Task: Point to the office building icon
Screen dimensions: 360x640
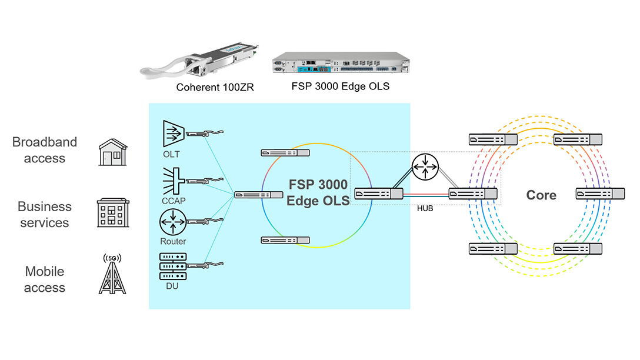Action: coord(112,214)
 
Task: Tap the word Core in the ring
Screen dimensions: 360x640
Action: coord(541,195)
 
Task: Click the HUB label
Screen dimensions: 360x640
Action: coord(425,209)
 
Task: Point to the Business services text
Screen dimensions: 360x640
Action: coord(44,215)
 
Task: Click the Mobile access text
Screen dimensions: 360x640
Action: coord(44,279)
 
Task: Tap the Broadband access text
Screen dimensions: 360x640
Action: coord(44,150)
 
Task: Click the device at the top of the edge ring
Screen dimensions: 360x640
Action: coord(285,153)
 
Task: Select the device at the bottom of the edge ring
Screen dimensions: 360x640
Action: coord(285,240)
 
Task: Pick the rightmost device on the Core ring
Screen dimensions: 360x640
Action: coord(600,194)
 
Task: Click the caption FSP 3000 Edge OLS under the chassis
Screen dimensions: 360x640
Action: coord(341,86)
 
